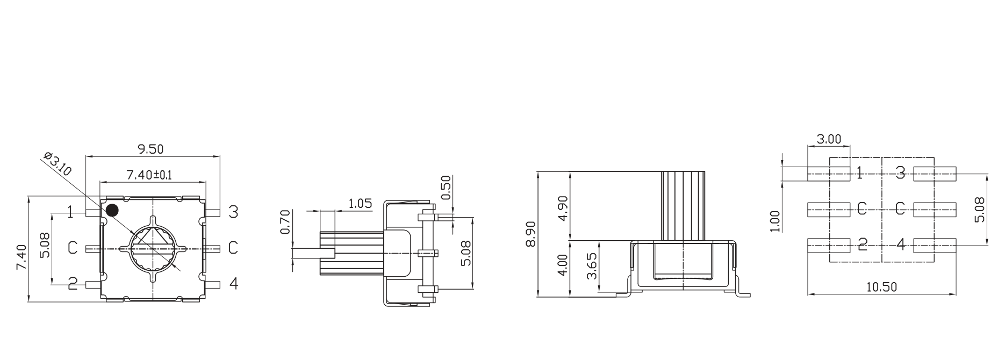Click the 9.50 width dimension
pos(150,149)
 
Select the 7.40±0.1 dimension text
pos(148,175)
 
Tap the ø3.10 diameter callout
pos(57,164)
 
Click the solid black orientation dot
pos(112,210)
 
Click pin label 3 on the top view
pos(233,211)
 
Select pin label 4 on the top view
pos(233,283)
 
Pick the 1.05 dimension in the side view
pos(360,204)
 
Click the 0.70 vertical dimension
pos(285,222)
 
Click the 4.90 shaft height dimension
pos(562,208)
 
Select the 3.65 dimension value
pos(592,266)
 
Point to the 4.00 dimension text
pos(562,265)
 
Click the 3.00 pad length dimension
pos(829,139)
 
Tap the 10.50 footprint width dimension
pos(881,287)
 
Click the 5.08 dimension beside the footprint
pos(979,210)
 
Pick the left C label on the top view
pos(73,248)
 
